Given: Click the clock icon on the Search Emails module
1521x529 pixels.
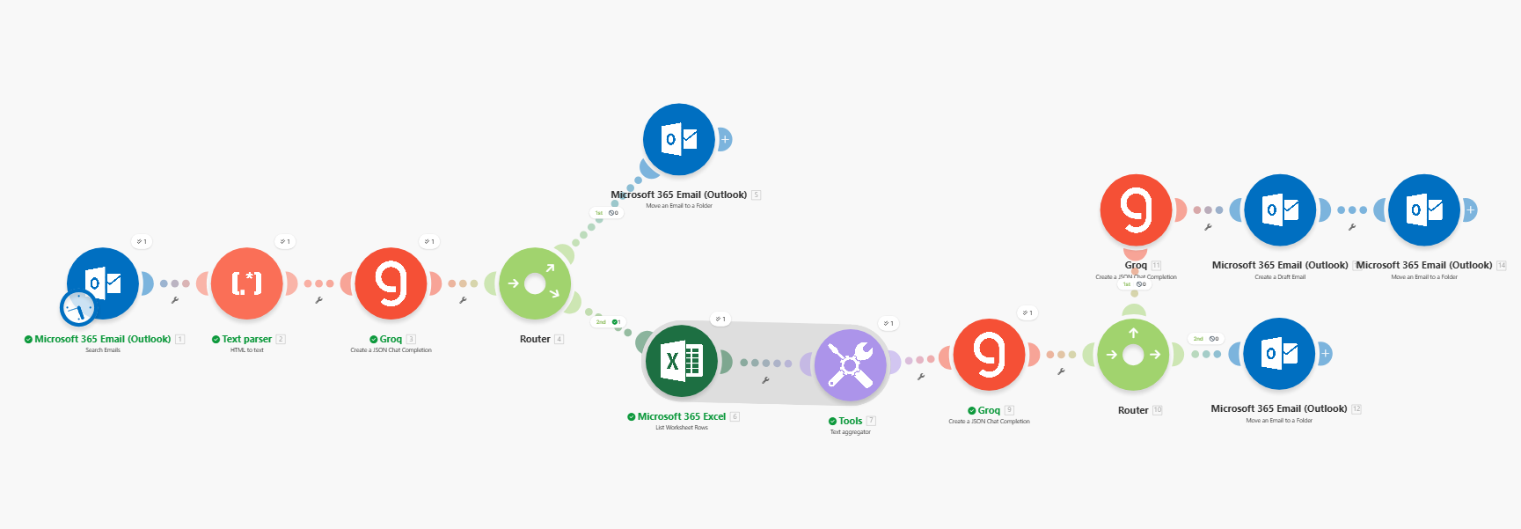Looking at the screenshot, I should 78,308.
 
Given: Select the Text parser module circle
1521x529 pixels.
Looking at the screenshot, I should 247,283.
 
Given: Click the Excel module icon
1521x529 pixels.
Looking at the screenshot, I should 681,361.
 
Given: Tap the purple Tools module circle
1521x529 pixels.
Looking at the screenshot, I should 850,364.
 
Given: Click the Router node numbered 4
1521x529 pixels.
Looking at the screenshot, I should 535,283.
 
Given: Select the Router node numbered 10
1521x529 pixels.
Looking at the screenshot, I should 1133,355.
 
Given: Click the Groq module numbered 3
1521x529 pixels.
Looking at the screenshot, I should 391,283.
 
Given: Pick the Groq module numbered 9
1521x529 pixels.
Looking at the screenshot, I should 990,354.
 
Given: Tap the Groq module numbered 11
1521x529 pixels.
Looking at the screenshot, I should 1136,210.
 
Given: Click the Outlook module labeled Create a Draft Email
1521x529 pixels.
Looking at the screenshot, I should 1280,210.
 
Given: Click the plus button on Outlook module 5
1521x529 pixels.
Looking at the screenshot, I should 725,139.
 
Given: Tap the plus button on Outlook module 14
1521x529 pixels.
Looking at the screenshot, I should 1469,210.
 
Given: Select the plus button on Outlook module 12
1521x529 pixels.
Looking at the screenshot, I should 1325,354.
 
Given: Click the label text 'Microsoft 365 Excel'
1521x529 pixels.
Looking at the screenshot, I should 682,416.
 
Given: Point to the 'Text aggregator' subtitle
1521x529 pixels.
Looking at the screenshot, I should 850,432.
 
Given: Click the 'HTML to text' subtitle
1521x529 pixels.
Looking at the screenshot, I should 247,350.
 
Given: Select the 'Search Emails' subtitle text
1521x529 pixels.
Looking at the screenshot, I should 103,350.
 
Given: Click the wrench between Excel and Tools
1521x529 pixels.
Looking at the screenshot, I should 765,380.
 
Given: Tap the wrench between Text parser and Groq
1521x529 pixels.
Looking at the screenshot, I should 318,300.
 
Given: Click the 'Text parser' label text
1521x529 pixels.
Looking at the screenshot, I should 246,339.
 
